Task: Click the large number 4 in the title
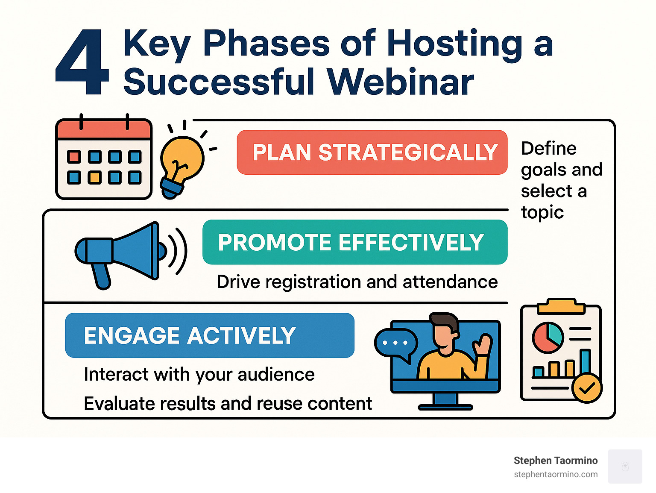tap(82, 62)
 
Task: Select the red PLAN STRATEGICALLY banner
tap(372, 153)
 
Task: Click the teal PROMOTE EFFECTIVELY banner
tap(354, 242)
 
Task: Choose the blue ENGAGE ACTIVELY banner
tap(209, 335)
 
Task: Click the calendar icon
tap(104, 159)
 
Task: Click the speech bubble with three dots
tap(395, 343)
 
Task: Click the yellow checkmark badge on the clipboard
tap(587, 388)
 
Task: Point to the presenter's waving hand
tap(484, 344)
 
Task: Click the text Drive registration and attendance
tap(357, 282)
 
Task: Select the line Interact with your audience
tap(199, 375)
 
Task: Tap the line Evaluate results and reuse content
tap(228, 404)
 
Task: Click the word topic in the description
tap(542, 212)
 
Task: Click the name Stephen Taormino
tap(555, 461)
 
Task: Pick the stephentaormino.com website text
tap(555, 475)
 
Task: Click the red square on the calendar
tap(74, 157)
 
